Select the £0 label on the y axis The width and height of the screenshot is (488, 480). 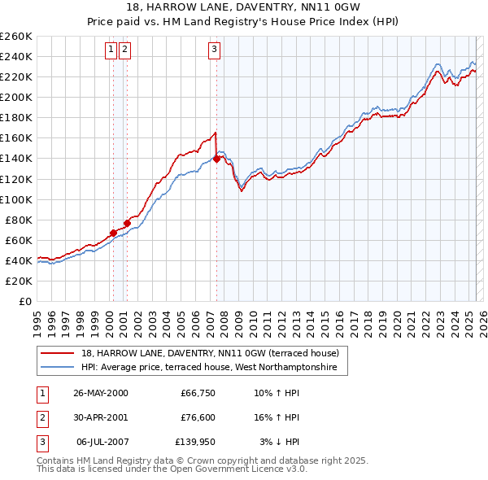click(x=24, y=301)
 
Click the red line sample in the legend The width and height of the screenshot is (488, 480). click(x=59, y=353)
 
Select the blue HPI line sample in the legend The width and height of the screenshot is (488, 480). click(x=59, y=368)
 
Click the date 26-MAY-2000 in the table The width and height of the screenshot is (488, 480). click(x=100, y=393)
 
